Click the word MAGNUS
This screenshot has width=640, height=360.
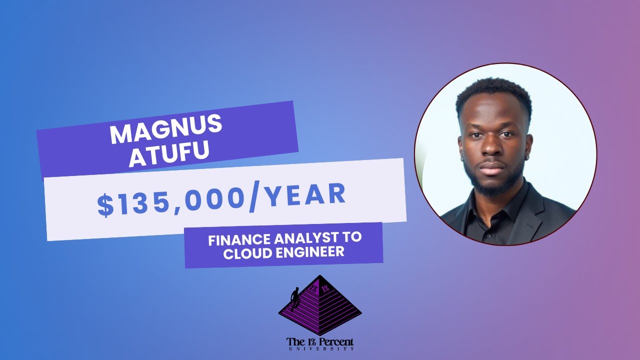point(165,131)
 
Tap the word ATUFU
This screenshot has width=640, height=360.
point(169,155)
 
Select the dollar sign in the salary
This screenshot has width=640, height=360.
point(105,206)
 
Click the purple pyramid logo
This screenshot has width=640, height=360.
point(320,305)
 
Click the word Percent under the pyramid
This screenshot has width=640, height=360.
point(335,342)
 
